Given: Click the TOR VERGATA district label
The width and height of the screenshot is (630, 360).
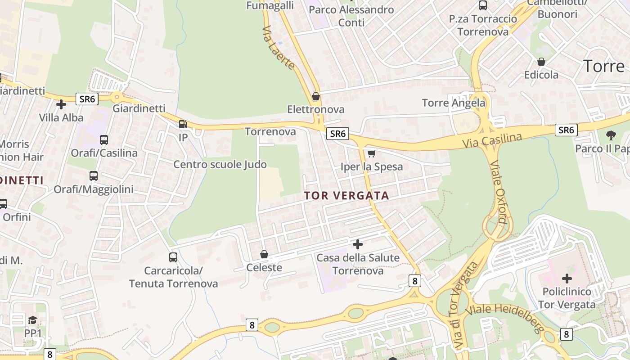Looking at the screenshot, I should click(346, 196).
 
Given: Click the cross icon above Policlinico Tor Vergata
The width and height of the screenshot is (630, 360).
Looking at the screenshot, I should click(567, 278).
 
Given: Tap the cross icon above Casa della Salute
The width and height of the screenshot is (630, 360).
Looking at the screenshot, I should click(358, 244).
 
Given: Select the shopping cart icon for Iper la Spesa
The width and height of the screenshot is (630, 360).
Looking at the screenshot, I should click(371, 154).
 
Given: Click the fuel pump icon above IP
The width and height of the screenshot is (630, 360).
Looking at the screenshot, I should click(183, 124).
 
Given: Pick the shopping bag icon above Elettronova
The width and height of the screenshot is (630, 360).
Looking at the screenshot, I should click(316, 96).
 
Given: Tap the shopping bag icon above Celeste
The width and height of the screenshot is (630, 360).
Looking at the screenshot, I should click(264, 255).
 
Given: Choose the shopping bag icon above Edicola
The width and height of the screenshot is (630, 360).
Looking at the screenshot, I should click(541, 62).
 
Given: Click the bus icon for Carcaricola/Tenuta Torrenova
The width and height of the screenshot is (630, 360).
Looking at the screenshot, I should click(173, 257).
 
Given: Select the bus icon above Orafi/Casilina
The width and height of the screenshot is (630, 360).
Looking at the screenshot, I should click(104, 140).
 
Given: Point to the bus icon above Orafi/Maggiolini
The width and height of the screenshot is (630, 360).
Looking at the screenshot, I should click(94, 176).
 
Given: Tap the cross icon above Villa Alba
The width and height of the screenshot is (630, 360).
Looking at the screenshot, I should click(61, 104).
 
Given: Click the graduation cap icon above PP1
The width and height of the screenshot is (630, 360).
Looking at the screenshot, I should click(32, 320).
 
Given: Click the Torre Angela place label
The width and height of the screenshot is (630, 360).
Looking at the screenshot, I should click(454, 103).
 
